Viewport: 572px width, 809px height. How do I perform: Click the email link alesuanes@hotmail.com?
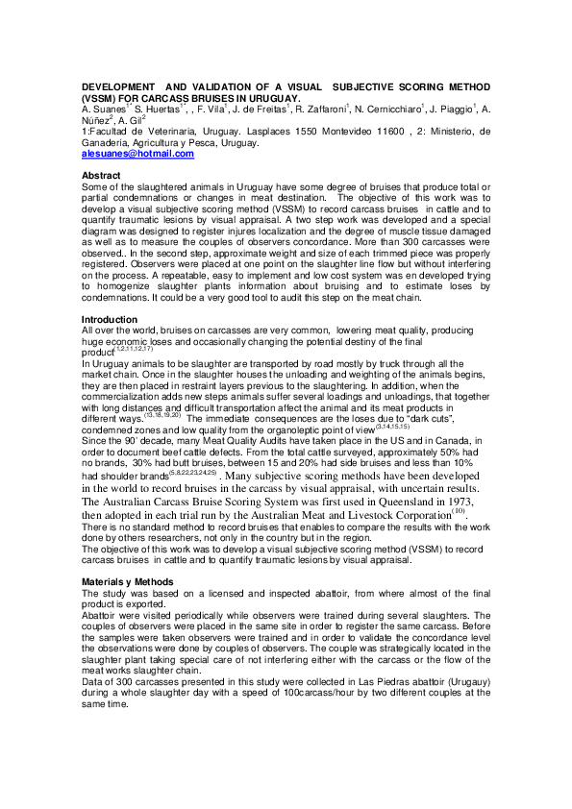point(137,154)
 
